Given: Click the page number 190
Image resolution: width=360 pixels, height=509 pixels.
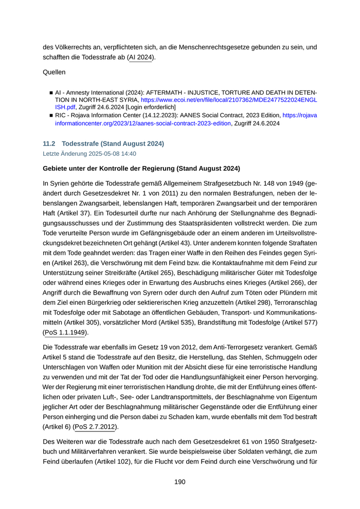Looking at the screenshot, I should pyautogui.click(x=179, y=482).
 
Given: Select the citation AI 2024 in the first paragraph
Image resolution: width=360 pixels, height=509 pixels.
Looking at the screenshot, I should pyautogui.click(x=140, y=57).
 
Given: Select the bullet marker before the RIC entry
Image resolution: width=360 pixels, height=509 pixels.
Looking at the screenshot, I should pyautogui.click(x=51, y=116).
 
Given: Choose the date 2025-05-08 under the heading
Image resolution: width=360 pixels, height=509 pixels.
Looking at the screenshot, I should pyautogui.click(x=101, y=154).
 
